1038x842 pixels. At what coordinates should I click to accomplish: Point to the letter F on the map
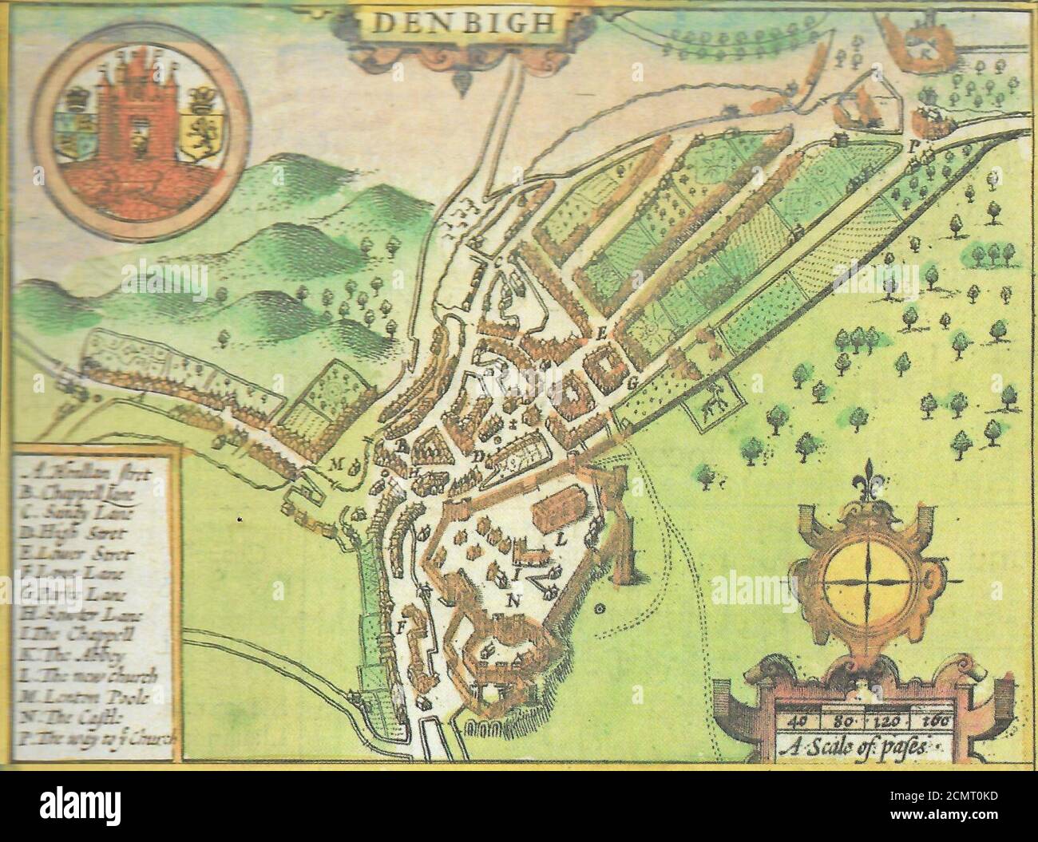pyautogui.click(x=402, y=627)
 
